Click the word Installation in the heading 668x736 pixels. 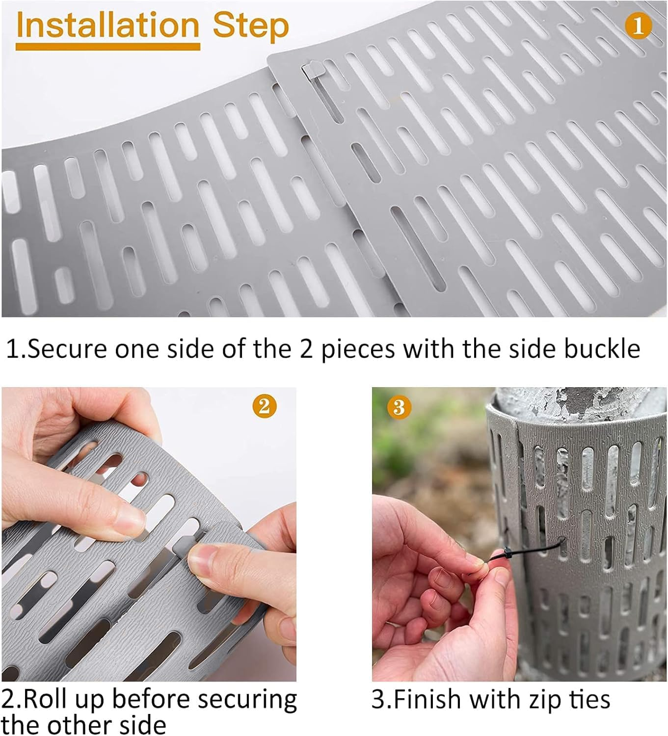coord(107,26)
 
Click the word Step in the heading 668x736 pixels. coord(250,26)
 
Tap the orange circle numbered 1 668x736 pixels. coord(638,26)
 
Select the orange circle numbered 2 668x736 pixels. coord(264,406)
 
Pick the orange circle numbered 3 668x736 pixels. coord(399,407)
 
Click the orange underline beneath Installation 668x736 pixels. coord(107,47)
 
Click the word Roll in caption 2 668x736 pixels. coord(42,700)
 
